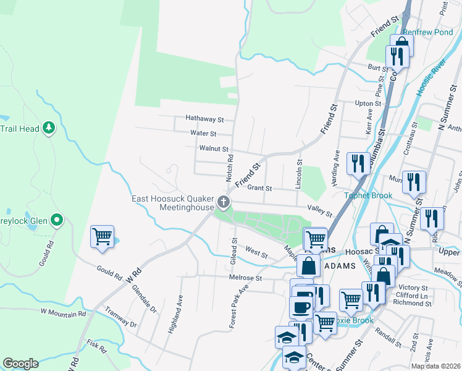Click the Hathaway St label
point(204,118)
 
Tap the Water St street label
point(203,133)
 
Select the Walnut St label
point(214,149)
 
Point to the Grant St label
point(259,187)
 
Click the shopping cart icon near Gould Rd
point(102,236)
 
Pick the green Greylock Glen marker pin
point(57,220)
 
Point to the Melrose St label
point(246,278)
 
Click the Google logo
point(20,364)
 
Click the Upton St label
point(367,103)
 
